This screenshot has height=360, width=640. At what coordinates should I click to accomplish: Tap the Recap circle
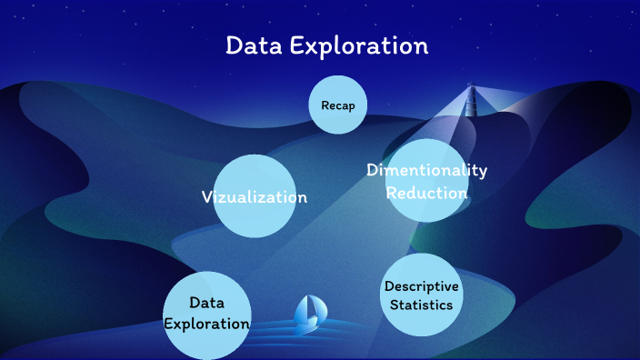click(338, 105)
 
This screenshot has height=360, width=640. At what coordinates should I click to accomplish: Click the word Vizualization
click(255, 197)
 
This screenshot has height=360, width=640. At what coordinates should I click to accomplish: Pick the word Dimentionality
click(427, 170)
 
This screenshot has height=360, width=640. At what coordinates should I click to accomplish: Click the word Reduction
click(427, 193)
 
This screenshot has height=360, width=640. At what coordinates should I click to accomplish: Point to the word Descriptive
click(421, 286)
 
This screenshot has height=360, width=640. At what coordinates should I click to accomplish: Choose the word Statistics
click(421, 305)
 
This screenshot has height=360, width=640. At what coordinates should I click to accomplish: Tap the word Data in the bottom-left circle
click(206, 303)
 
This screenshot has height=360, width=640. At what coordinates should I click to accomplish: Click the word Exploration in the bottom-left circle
click(206, 324)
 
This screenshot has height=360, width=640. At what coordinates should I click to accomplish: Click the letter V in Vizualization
click(206, 197)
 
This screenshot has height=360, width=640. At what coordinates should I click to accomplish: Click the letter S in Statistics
click(395, 305)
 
